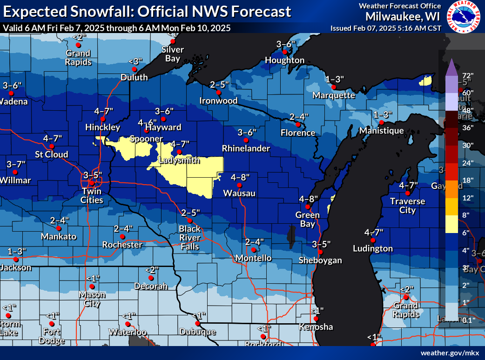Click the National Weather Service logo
[464, 17]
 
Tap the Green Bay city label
[308, 219]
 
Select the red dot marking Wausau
[240, 185]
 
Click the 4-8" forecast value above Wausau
[240, 177]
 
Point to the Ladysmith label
[179, 160]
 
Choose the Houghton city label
[285, 60]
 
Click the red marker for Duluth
[135, 69]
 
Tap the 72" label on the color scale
[467, 75]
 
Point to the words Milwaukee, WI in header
[403, 16]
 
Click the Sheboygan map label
[320, 260]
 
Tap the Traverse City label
[407, 206]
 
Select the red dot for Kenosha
[316, 319]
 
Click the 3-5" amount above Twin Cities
[92, 175]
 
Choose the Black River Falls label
[190, 237]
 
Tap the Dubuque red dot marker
[198, 323]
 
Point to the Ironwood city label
[218, 100]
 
